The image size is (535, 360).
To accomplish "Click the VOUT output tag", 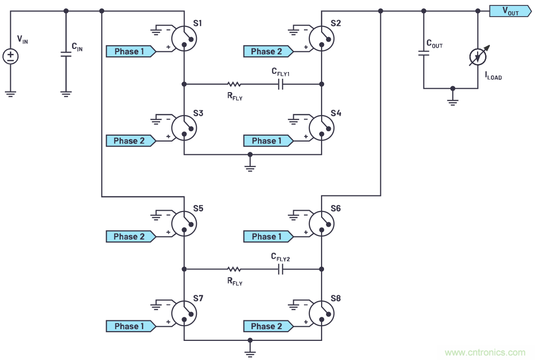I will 510,11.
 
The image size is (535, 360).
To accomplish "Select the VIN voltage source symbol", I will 11,56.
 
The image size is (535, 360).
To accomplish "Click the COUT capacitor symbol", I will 424,52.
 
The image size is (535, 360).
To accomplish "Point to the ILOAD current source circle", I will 478,57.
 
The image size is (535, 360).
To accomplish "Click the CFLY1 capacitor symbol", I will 280,84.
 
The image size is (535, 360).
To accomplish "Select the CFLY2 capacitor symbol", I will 280,269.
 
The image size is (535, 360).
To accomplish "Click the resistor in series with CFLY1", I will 234,84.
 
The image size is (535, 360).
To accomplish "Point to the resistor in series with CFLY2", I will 234,269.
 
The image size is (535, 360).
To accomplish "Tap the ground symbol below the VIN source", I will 11,93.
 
